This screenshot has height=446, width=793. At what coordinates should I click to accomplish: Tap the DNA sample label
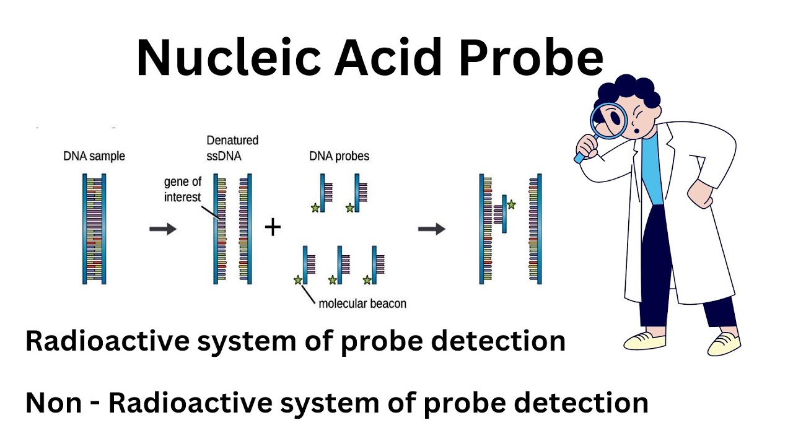point(94,156)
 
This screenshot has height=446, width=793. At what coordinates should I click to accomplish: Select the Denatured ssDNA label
point(232,149)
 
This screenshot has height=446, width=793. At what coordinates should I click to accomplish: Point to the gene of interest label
point(182,190)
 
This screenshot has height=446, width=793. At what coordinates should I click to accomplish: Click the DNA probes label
point(339,156)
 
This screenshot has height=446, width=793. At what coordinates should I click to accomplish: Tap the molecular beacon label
point(362,304)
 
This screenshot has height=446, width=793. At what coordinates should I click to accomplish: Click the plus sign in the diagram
point(273,228)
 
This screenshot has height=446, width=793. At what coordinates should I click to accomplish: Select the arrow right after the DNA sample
point(163,229)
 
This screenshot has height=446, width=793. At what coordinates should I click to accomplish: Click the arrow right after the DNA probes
point(432,229)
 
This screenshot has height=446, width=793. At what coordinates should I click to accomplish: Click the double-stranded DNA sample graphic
point(94,229)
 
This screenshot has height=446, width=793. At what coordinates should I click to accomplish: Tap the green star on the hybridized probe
point(511,204)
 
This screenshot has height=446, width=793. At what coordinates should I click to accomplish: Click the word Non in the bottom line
point(53,403)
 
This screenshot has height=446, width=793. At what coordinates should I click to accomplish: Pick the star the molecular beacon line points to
point(298,280)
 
